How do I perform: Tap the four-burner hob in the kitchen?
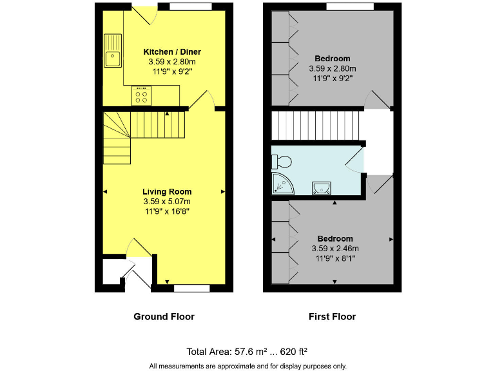pyautogui.click(x=141, y=95)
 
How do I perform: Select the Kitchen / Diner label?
pyautogui.click(x=172, y=52)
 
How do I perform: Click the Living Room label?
pyautogui.click(x=167, y=191)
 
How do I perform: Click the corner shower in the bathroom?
pyautogui.click(x=282, y=184)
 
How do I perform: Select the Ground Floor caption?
pyautogui.click(x=164, y=316)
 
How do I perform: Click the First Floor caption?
pyautogui.click(x=333, y=316)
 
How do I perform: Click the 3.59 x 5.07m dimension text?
pyautogui.click(x=167, y=201)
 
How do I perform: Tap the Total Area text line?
pyautogui.click(x=247, y=351)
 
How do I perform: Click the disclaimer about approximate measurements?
pyautogui.click(x=247, y=366)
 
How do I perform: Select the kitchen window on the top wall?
pyautogui.click(x=191, y=6)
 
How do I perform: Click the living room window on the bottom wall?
pyautogui.click(x=192, y=288)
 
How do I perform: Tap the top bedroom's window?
pyautogui.click(x=349, y=6)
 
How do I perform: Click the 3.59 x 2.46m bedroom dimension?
pyautogui.click(x=335, y=248)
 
